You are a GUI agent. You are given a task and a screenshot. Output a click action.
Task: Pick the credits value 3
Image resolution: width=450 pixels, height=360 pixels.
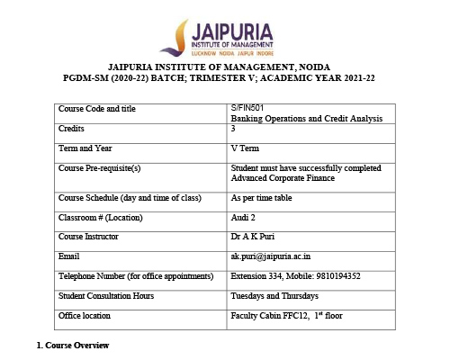point(233,130)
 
